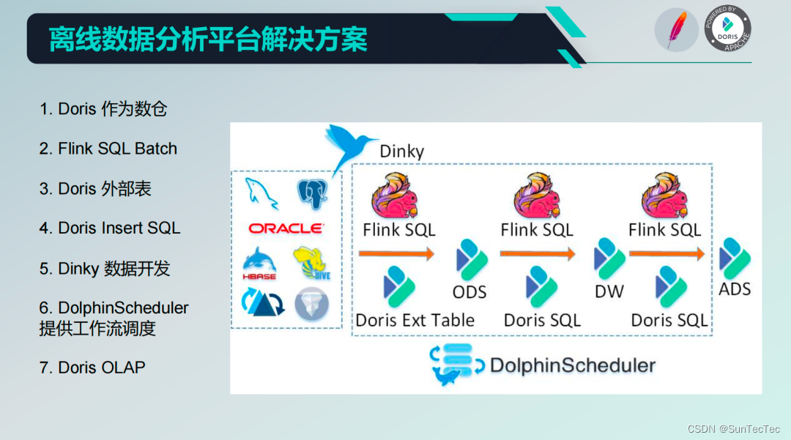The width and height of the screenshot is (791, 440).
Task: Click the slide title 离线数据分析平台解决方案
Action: click(208, 39)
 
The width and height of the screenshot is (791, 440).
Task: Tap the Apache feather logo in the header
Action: click(676, 31)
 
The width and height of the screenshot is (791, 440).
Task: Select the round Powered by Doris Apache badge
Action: click(727, 30)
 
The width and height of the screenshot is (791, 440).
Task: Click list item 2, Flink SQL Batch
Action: click(108, 149)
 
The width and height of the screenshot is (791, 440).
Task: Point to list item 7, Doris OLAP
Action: click(92, 367)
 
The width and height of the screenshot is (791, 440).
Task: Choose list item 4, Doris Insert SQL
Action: click(110, 228)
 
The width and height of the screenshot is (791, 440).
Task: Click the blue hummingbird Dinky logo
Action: click(348, 146)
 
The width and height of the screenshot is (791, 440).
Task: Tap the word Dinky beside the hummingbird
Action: click(401, 152)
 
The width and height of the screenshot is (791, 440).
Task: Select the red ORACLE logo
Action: click(286, 228)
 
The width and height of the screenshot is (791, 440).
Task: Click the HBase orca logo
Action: click(259, 264)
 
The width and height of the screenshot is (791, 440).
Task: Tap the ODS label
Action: click(469, 292)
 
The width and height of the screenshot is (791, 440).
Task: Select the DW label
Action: click(609, 291)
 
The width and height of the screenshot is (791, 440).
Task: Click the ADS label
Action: click(735, 289)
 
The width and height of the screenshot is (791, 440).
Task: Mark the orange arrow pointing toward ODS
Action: click(395, 254)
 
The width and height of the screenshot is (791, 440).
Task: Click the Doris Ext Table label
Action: click(415, 320)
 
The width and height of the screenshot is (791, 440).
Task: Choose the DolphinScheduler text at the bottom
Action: click(573, 365)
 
